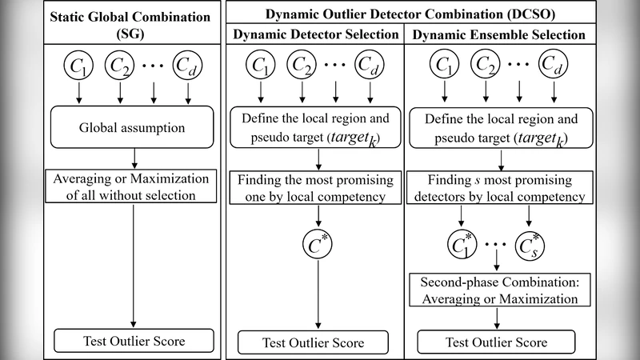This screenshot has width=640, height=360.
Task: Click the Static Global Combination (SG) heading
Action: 134,25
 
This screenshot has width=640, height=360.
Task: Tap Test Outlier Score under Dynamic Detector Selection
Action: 318,343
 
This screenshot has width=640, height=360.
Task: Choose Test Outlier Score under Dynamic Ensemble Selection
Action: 498,343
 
